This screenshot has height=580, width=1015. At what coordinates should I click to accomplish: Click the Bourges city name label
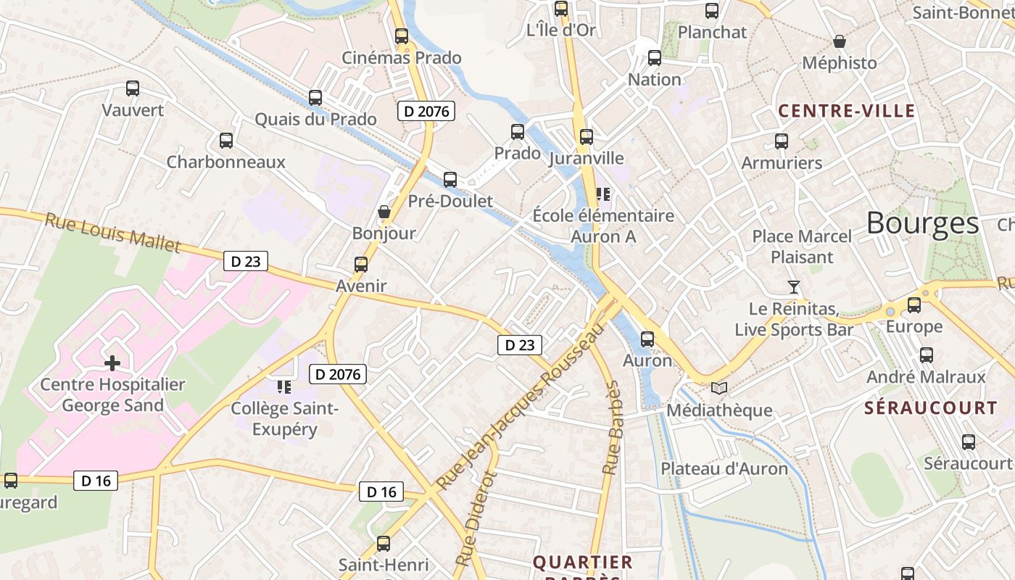coord(922,223)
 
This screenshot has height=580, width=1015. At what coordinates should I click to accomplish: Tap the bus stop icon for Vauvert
coord(133,88)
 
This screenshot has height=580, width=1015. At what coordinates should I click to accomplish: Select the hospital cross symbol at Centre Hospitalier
coord(112,362)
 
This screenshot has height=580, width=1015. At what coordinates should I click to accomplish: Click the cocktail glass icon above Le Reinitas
coord(794,287)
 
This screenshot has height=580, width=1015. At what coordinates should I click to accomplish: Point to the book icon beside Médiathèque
coord(718,389)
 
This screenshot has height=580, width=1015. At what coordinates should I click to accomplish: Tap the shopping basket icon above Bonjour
coord(384,212)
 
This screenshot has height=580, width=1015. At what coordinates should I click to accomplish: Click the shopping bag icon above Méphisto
coord(840,41)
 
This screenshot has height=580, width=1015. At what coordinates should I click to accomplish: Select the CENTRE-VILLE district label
coord(846,111)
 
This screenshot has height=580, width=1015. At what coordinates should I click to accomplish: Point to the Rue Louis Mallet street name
coord(113,232)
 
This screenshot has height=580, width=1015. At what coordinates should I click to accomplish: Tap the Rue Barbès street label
coord(613,428)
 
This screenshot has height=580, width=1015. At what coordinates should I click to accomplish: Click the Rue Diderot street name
coord(476,518)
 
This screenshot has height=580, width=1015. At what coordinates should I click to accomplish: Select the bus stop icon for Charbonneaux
coord(226,141)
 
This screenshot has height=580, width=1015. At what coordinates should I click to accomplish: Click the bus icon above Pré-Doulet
coord(450,180)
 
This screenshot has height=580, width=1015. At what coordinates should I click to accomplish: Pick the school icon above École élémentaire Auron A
coord(602,194)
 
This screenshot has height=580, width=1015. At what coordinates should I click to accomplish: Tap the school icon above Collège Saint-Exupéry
coord(283,386)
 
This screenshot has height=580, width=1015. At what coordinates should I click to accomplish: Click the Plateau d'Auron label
coord(724,468)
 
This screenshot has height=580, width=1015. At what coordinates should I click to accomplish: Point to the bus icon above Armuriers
coord(782,141)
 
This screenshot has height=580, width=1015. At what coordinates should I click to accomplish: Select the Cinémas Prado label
coord(401,58)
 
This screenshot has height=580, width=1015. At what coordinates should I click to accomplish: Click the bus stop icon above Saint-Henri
coord(384,543)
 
